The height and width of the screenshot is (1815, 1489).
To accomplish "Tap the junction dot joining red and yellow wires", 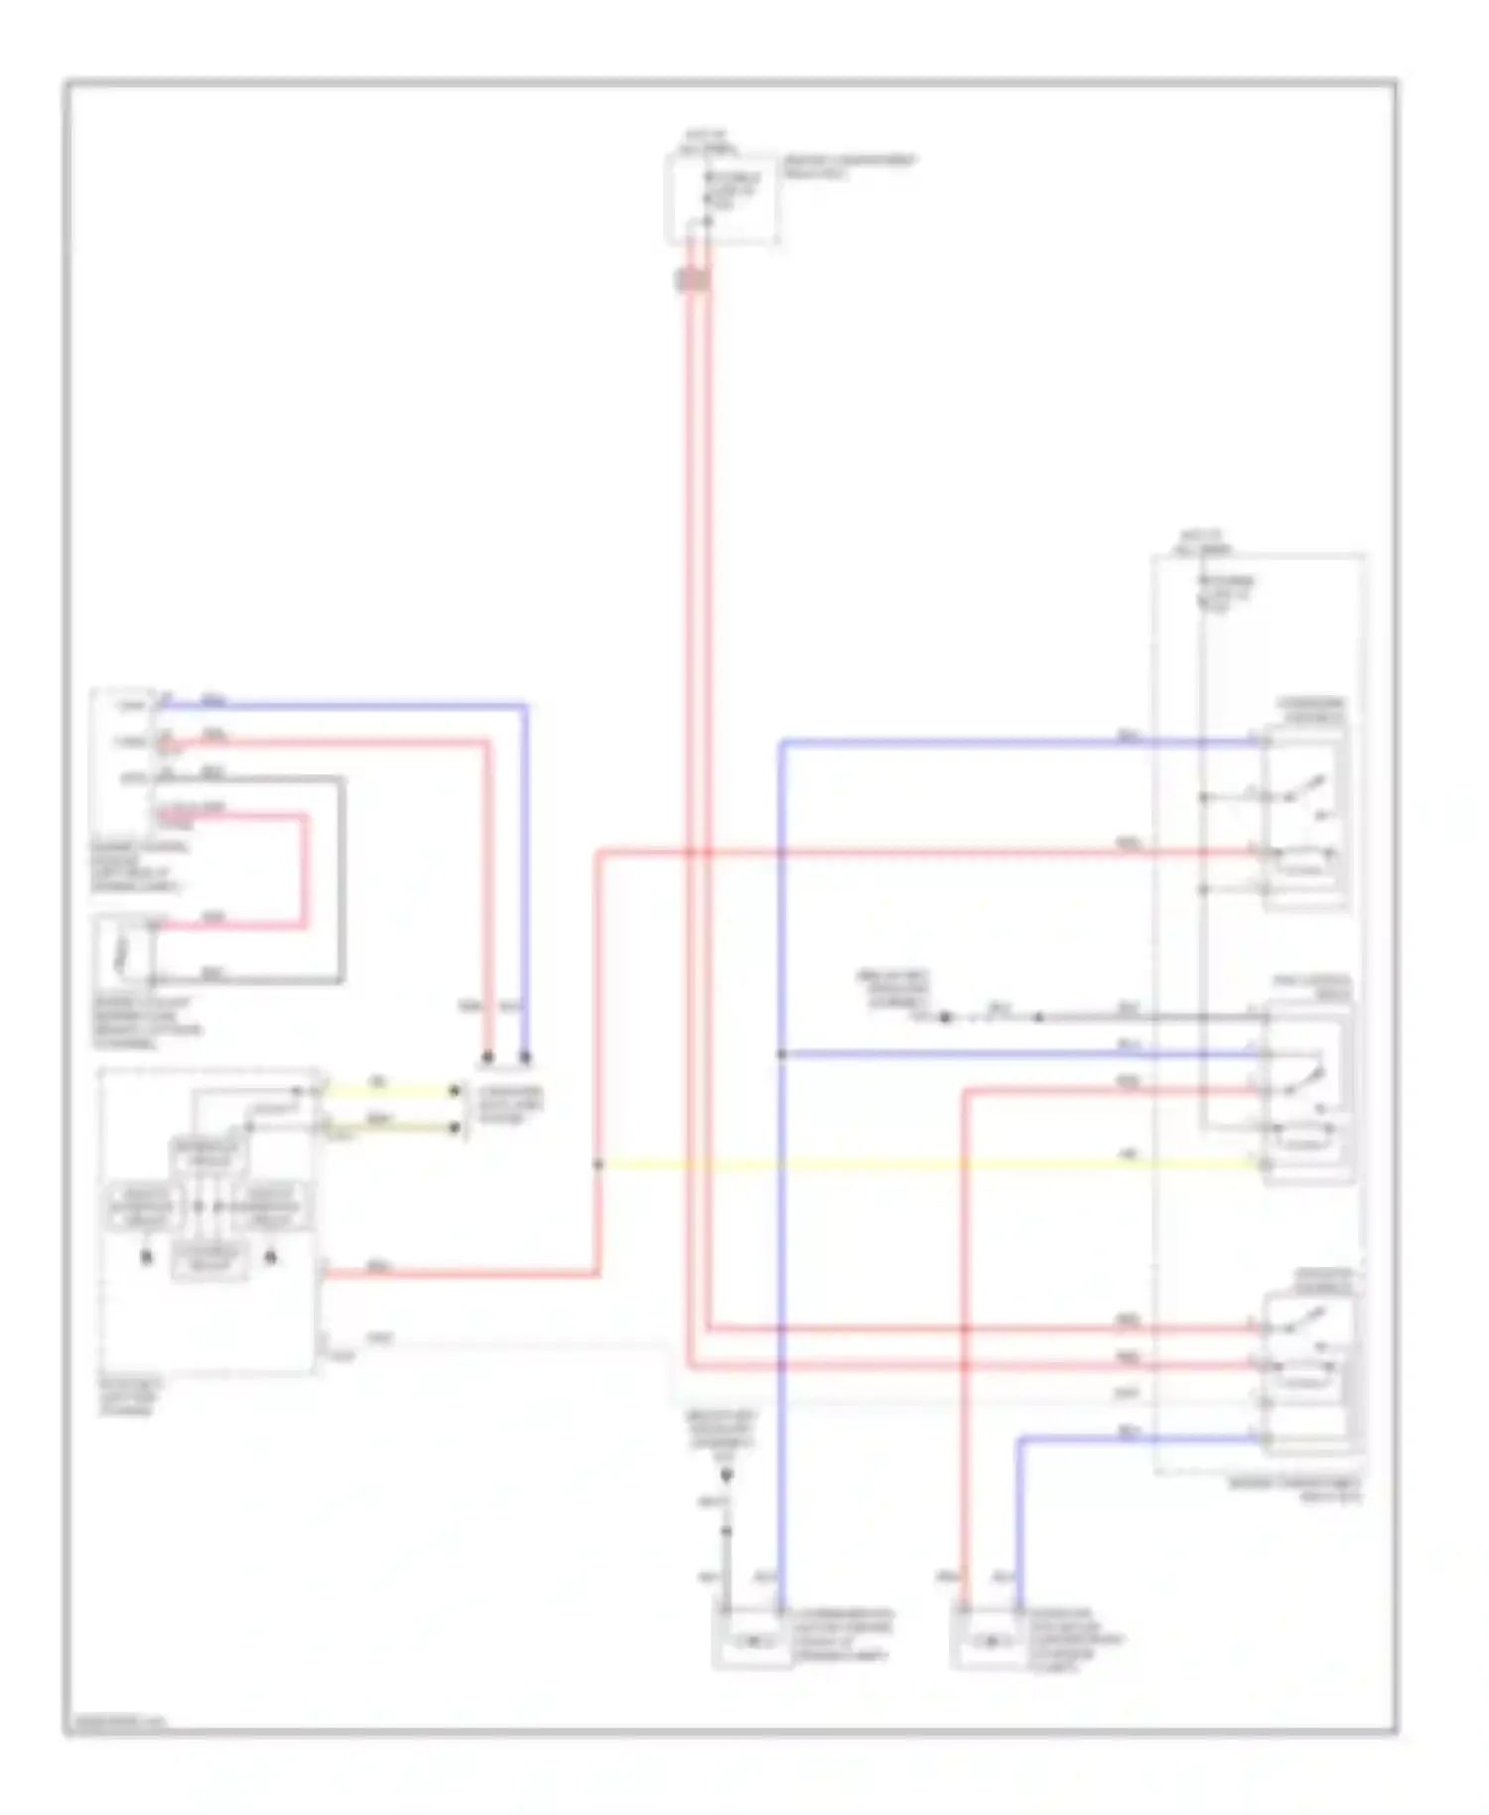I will click(x=599, y=1164).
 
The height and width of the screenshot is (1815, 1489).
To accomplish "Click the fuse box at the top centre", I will click(x=722, y=198).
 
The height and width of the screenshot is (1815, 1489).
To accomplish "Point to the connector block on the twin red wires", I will click(x=693, y=280).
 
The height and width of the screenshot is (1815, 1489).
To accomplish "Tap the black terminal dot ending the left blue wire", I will click(x=525, y=1057).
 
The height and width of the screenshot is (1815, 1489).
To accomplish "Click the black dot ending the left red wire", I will click(x=487, y=1057).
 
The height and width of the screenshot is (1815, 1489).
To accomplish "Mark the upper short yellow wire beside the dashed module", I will click(x=387, y=1090).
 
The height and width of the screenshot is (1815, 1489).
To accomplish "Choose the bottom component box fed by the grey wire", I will click(x=751, y=1640).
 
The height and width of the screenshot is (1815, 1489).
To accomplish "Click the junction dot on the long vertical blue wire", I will click(x=782, y=1053).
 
